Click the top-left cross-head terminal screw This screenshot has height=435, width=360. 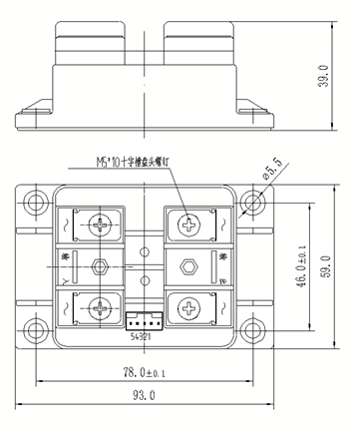point(100,226)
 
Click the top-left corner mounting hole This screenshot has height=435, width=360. point(37,203)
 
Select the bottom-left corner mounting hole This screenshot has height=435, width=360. point(37,330)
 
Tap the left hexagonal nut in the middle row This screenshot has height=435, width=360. point(100,266)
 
